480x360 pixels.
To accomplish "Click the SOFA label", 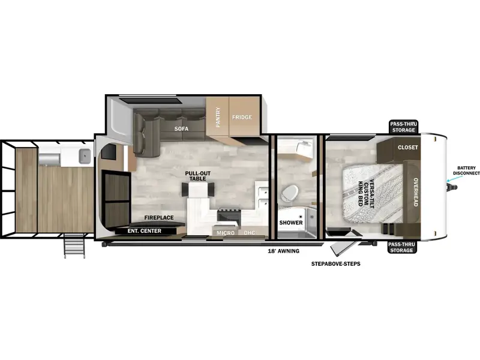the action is [x=181, y=129].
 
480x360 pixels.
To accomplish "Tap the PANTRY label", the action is [x=218, y=117].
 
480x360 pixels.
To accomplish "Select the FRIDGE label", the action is [x=242, y=117].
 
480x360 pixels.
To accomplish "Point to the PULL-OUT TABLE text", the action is [x=198, y=176].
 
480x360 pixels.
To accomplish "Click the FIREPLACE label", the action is [x=159, y=218].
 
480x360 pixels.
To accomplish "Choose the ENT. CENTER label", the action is [x=145, y=231].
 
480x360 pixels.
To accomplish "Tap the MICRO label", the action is [x=226, y=233].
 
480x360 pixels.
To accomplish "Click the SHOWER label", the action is [x=291, y=223].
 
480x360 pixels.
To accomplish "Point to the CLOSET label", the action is [x=408, y=147].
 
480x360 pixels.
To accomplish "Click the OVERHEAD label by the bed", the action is [x=416, y=192].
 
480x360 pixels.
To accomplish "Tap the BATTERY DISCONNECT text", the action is [x=467, y=170].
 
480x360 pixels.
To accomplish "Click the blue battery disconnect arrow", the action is [x=451, y=178].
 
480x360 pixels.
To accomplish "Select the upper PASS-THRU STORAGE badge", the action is [x=404, y=127].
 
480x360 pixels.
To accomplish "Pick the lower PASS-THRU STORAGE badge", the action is [x=401, y=247].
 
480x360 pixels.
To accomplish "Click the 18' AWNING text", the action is [x=283, y=251].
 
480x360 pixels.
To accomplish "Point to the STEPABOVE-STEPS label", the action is [x=336, y=263].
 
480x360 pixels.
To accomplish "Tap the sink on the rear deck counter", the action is [x=85, y=156].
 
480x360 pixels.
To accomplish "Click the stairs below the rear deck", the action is [x=74, y=245].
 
